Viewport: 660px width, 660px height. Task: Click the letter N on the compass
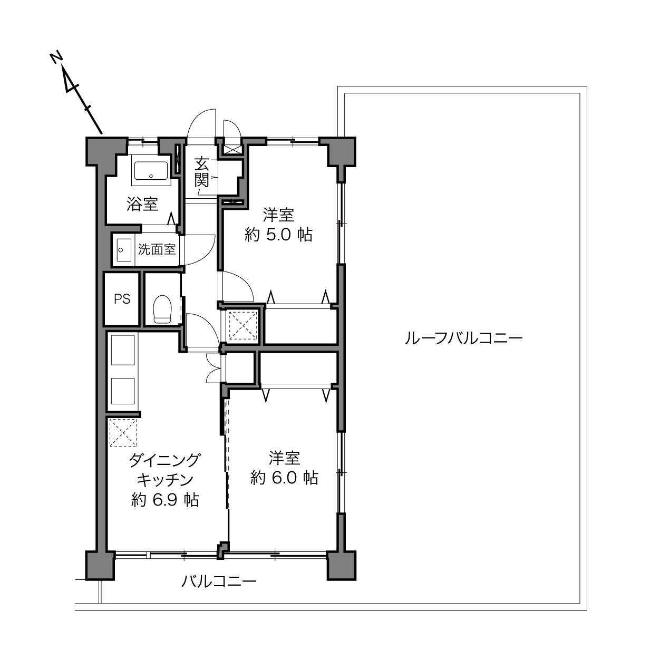(56, 57)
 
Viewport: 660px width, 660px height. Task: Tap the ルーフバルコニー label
(463, 338)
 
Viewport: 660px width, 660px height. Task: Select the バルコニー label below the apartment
(219, 581)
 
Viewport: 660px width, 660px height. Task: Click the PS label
(122, 299)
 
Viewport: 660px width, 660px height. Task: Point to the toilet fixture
(162, 309)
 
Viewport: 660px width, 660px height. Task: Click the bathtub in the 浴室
(151, 170)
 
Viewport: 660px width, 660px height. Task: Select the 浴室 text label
(142, 204)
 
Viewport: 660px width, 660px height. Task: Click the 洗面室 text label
(157, 249)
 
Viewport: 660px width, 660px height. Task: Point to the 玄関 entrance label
(202, 172)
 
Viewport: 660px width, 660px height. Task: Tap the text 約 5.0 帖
(278, 235)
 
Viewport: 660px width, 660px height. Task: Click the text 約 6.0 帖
(284, 478)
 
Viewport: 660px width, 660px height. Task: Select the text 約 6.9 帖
(165, 500)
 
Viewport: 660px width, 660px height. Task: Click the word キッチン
(165, 480)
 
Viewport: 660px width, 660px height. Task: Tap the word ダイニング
(164, 460)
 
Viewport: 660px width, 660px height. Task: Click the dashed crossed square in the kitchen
(123, 433)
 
